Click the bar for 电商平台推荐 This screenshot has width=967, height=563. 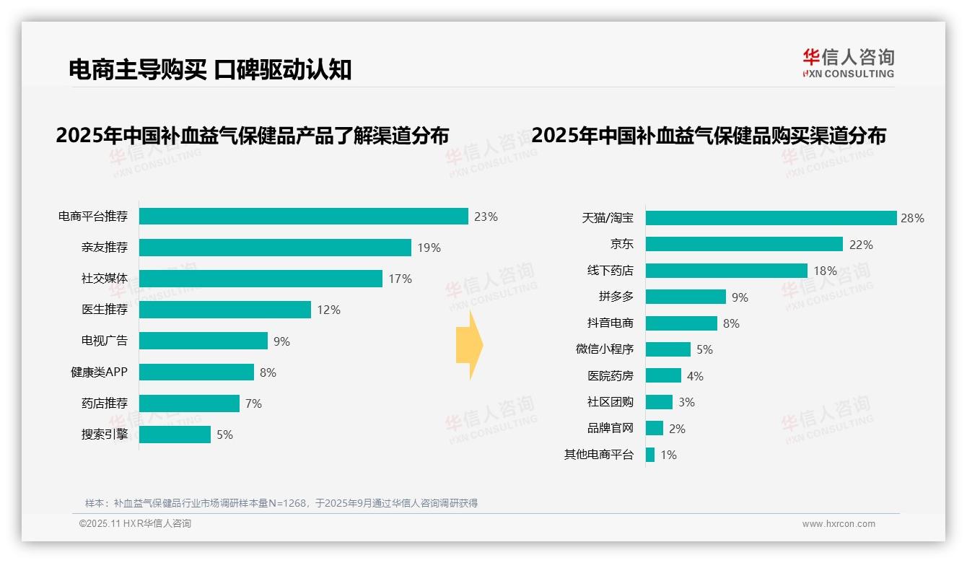pyautogui.click(x=303, y=217)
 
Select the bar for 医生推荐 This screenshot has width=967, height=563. pyautogui.click(x=224, y=310)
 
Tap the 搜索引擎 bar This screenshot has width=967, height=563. pyautogui.click(x=175, y=435)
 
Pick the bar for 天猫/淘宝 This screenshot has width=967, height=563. pyautogui.click(x=771, y=218)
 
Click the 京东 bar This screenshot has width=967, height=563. pyautogui.click(x=744, y=244)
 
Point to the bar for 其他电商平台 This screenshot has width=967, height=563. pyautogui.click(x=650, y=455)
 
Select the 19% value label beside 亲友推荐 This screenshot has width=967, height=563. pyautogui.click(x=429, y=248)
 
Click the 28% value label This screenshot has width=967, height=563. pyautogui.click(x=912, y=218)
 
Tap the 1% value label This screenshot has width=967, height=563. pyautogui.click(x=668, y=455)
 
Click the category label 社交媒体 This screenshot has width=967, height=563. pyautogui.click(x=105, y=279)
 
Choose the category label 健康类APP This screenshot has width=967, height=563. pyautogui.click(x=99, y=372)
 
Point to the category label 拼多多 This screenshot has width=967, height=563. pyautogui.click(x=616, y=297)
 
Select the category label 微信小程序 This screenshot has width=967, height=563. pyautogui.click(x=605, y=349)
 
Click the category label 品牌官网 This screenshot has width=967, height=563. pyautogui.click(x=611, y=428)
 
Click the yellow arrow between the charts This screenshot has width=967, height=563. pyautogui.click(x=470, y=345)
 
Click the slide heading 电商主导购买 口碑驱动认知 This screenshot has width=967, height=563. pyautogui.click(x=210, y=69)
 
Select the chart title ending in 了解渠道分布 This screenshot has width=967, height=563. pyautogui.click(x=253, y=136)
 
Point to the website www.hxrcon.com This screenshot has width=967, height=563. pyautogui.click(x=839, y=524)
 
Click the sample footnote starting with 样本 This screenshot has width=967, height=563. pyautogui.click(x=281, y=503)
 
